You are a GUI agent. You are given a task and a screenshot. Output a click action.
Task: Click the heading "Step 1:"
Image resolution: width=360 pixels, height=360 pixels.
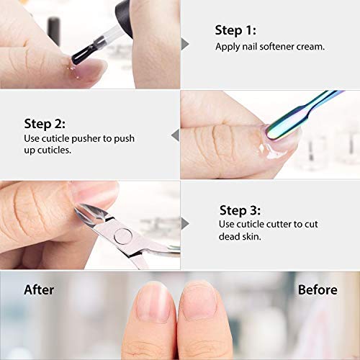click(235, 30)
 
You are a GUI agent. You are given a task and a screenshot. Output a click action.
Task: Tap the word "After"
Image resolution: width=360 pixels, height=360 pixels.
click(39, 289)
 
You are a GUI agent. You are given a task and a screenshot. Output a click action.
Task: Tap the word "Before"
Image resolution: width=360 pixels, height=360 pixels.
click(318, 289)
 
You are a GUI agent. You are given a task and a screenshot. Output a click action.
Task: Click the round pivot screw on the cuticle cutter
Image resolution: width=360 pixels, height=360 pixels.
click(124, 234)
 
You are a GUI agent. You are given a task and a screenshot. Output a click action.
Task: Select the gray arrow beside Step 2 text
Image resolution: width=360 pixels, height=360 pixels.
click(174, 133)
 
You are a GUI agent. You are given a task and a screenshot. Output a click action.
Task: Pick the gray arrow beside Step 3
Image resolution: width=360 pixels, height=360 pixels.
click(184, 223)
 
